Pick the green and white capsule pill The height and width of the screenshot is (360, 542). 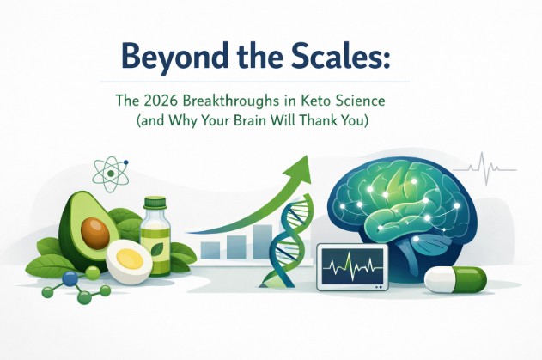click(455, 279)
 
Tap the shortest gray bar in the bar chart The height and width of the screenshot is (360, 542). click(209, 250)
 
